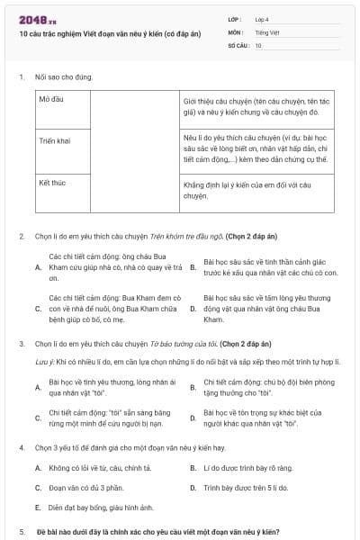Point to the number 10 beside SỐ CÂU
pyautogui.click(x=259, y=44)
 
